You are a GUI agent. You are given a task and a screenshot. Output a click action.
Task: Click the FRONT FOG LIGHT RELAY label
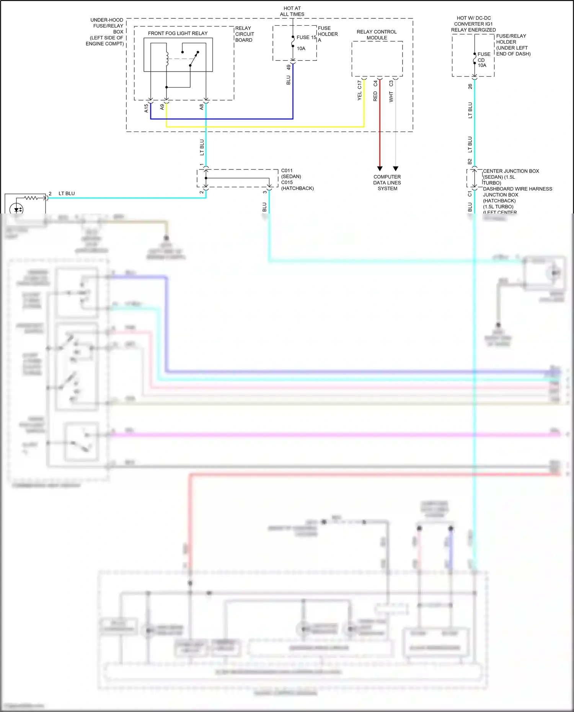pyautogui.click(x=178, y=33)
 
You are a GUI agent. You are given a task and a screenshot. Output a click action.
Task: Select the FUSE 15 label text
pyautogui.click(x=307, y=37)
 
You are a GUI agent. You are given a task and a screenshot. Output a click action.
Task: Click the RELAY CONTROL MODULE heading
pyautogui.click(x=377, y=35)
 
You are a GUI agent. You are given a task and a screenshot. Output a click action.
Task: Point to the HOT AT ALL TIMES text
pyautogui.click(x=292, y=11)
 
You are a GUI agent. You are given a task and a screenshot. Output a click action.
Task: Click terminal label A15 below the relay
pyautogui.click(x=146, y=108)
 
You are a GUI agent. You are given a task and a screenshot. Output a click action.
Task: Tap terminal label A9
pyautogui.click(x=162, y=107)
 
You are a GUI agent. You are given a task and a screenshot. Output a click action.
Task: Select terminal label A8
pyautogui.click(x=202, y=107)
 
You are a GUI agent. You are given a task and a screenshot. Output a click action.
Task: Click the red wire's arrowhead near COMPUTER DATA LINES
pyautogui.click(x=380, y=168)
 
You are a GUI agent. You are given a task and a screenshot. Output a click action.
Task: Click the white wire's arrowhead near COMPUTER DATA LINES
pyautogui.click(x=396, y=168)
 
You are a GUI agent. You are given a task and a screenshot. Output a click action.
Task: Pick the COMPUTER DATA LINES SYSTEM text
pyautogui.click(x=387, y=182)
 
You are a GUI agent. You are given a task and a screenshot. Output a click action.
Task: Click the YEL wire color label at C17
pyautogui.click(x=359, y=96)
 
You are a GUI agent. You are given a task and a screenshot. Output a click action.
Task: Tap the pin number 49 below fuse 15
pyautogui.click(x=289, y=67)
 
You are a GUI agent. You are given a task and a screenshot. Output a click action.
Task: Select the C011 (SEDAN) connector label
pyautogui.click(x=291, y=173)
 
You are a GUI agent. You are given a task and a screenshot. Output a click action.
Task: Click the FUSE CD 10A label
pyautogui.click(x=483, y=60)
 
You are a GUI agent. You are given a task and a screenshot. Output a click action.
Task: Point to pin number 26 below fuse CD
pyautogui.click(x=470, y=86)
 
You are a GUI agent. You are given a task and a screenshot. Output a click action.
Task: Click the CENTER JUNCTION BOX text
pyautogui.click(x=510, y=171)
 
